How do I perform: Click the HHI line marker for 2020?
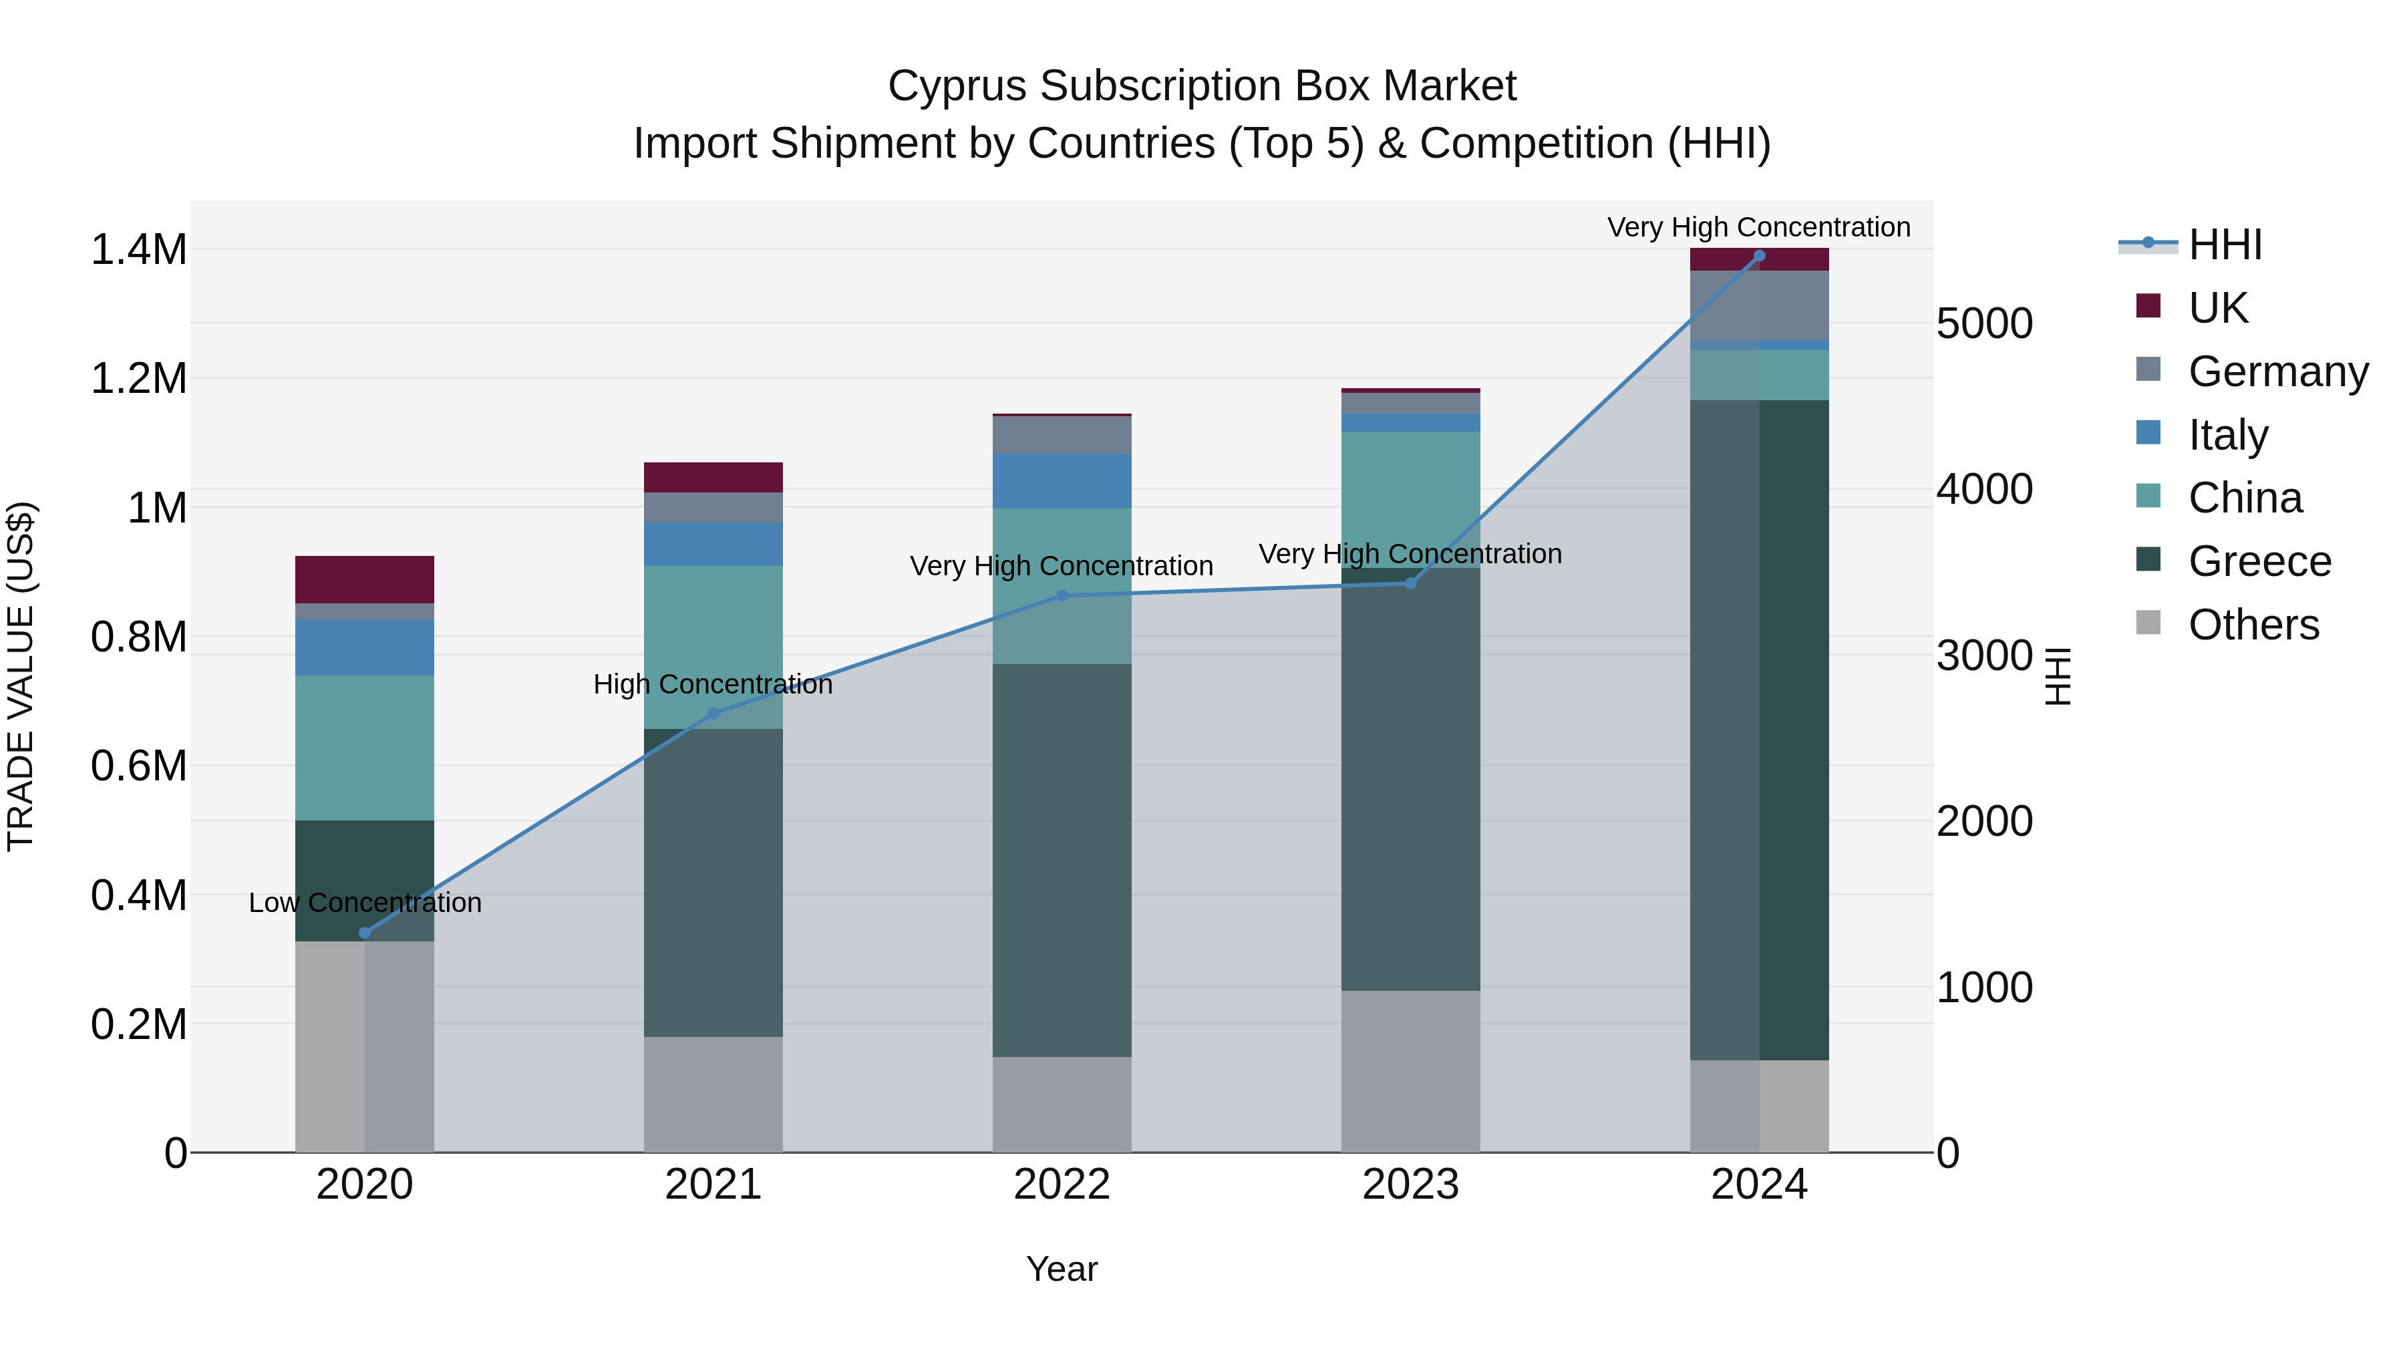click(x=365, y=933)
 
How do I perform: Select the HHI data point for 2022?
click(x=1062, y=596)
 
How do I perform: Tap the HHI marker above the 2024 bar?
click(x=1759, y=255)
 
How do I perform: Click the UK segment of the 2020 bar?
click(x=365, y=580)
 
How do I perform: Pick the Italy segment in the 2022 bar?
click(x=1062, y=481)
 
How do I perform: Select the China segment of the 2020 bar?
click(x=365, y=747)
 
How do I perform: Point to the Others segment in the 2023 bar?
click(x=1411, y=1071)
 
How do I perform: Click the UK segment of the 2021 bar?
click(x=713, y=477)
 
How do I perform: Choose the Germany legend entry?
click(x=2278, y=371)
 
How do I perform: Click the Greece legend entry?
click(x=2259, y=561)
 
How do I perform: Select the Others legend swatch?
click(x=2148, y=623)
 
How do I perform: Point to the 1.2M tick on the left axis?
click(x=138, y=379)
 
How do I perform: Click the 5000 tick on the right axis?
click(x=1984, y=324)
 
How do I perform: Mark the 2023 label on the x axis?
click(x=1411, y=1185)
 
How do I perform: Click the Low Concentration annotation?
click(x=365, y=903)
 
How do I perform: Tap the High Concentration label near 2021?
click(x=713, y=684)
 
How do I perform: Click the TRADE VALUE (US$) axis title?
click(x=21, y=676)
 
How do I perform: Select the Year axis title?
click(x=1062, y=1269)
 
